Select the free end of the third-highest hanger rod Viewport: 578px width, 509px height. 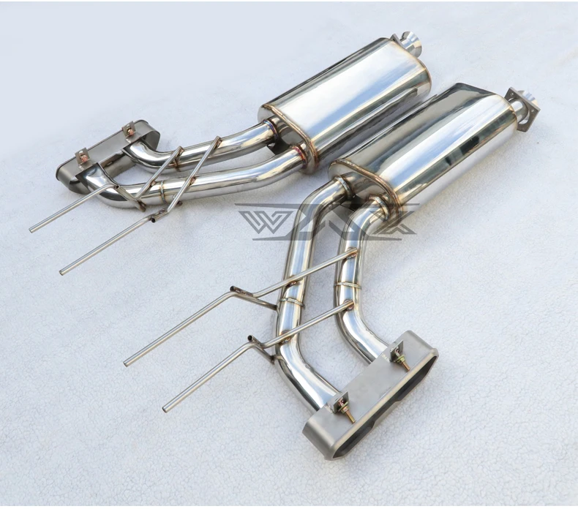click(x=127, y=363)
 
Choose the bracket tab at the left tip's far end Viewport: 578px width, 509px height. click(x=81, y=156)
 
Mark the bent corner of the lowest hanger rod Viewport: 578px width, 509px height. click(x=252, y=340)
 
